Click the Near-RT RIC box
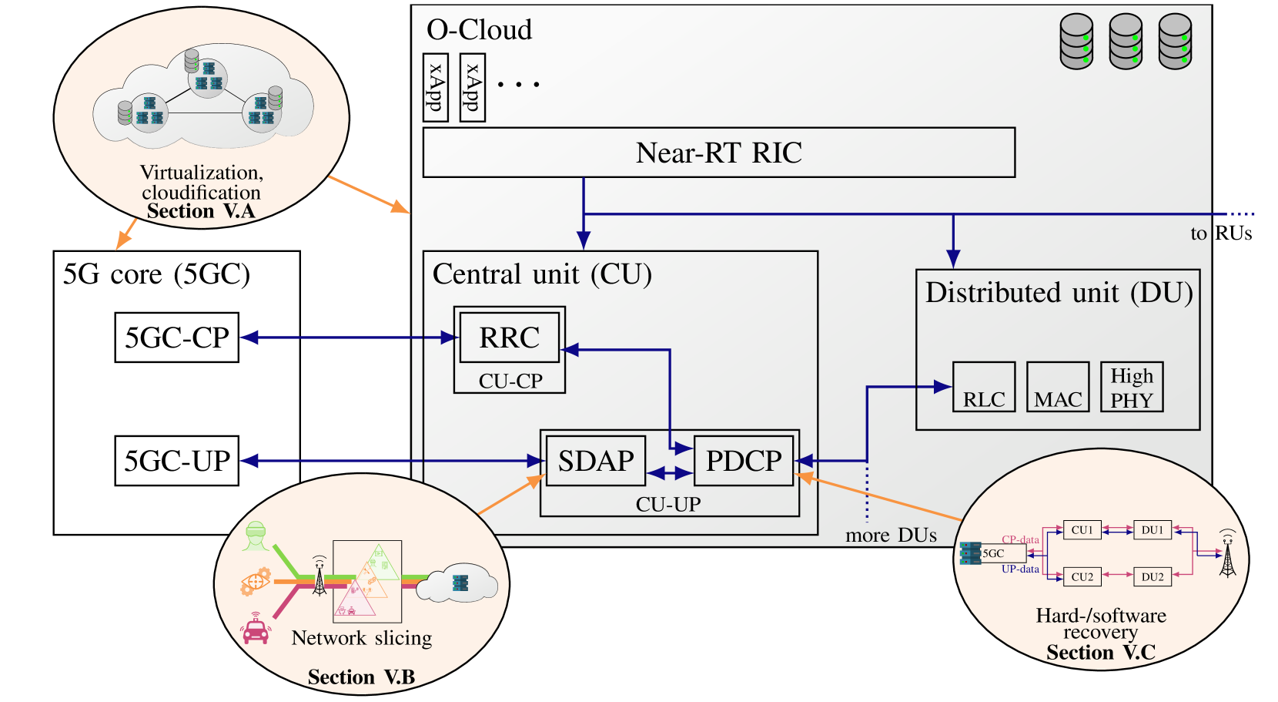719,153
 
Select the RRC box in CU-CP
510,337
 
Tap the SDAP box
596,461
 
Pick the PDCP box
744,461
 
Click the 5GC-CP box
177,337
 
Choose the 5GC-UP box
177,461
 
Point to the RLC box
984,387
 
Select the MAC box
1059,387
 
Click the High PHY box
1132,387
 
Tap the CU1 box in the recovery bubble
1082,529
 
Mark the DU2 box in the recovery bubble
1153,577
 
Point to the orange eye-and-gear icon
255,582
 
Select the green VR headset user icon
256,536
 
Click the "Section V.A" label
201,211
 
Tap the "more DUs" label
892,536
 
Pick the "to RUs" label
1222,233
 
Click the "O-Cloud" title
479,30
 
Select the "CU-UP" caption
668,505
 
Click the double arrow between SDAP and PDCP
670,473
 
